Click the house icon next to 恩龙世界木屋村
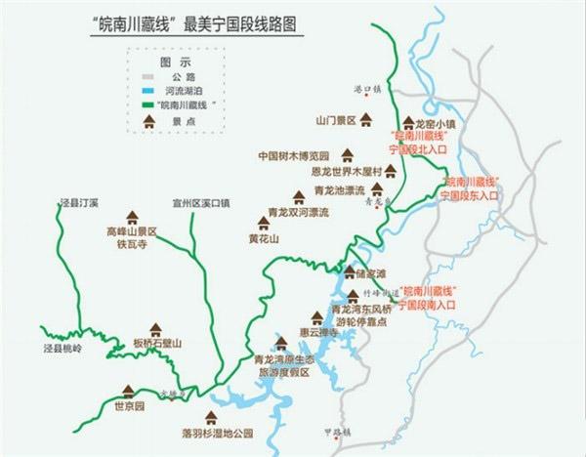click(391, 170)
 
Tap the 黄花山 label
click(264, 238)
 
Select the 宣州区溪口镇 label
click(198, 203)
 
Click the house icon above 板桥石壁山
click(154, 329)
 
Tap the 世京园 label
click(128, 405)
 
